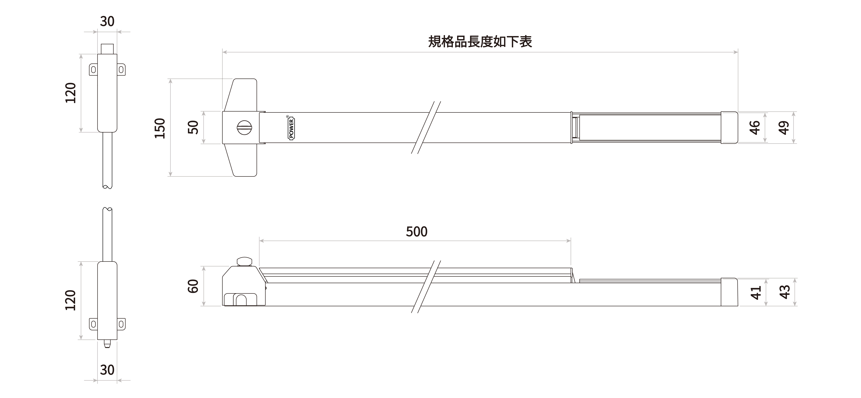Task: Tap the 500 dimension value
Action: click(x=416, y=231)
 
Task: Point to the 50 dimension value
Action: click(x=193, y=127)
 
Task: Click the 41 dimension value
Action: click(x=756, y=292)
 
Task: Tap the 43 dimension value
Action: click(x=785, y=292)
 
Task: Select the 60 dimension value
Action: click(x=193, y=286)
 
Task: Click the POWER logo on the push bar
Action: click(x=291, y=127)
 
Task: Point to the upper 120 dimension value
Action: click(x=70, y=93)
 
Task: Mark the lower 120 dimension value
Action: click(x=70, y=300)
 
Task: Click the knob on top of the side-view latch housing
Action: click(x=244, y=262)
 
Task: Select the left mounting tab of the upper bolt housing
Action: click(x=93, y=70)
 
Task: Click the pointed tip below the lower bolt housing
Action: click(x=107, y=344)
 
